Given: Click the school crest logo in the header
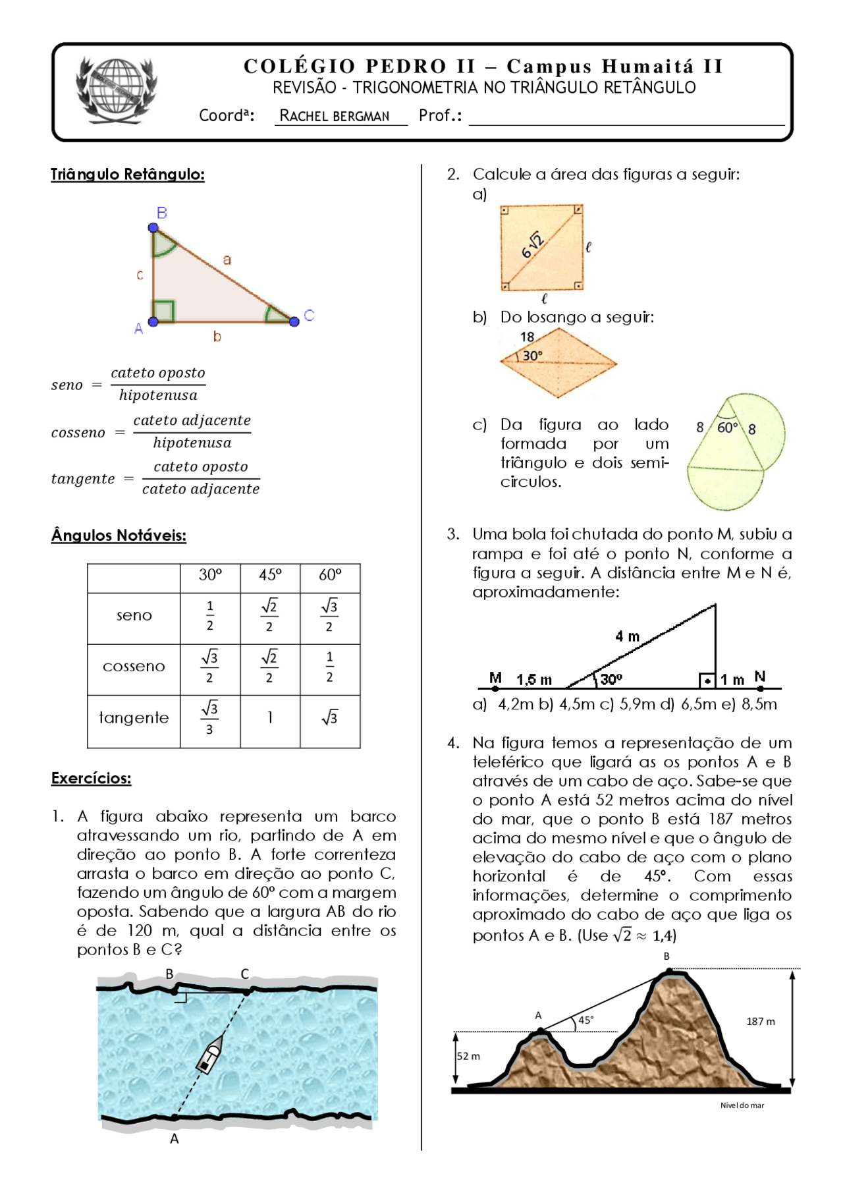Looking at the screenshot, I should [x=117, y=90].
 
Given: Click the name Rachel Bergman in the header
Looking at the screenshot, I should [x=335, y=116].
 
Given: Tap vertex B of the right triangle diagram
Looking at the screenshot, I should [x=153, y=227].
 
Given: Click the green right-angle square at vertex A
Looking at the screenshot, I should [x=163, y=311].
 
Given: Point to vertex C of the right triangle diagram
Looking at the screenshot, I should [x=294, y=321].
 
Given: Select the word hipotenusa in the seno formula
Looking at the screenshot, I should [x=158, y=395].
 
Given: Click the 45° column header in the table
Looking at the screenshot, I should [x=270, y=575].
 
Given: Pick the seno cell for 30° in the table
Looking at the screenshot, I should [x=210, y=616].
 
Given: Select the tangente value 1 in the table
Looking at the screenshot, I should [x=270, y=717].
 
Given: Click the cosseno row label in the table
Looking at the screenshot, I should [x=134, y=667].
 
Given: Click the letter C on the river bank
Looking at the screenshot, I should [x=245, y=974].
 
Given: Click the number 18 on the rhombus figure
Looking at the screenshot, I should [x=528, y=337].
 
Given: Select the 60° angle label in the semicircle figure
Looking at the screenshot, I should [x=727, y=428].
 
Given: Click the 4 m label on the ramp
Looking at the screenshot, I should [x=627, y=636].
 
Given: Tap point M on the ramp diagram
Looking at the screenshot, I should [x=495, y=688].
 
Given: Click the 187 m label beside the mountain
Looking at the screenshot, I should [x=760, y=1022].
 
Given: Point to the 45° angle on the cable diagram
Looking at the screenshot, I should [x=585, y=1020].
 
